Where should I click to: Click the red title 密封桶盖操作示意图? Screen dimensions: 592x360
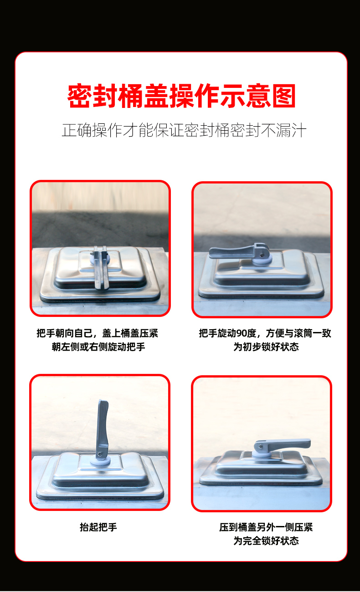[x=181, y=96]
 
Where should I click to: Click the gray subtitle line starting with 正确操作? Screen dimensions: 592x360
[x=184, y=130]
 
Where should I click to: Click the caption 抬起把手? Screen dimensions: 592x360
[x=98, y=527]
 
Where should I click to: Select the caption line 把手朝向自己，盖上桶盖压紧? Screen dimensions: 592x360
[x=98, y=333]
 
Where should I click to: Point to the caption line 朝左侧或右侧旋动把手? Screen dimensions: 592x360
[x=98, y=347]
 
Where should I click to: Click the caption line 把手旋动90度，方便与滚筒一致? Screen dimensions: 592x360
[x=265, y=333]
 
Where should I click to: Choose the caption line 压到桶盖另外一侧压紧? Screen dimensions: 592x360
[x=266, y=527]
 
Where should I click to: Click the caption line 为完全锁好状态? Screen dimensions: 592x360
[x=266, y=541]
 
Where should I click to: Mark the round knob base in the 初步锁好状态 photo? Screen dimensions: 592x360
[x=264, y=260]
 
